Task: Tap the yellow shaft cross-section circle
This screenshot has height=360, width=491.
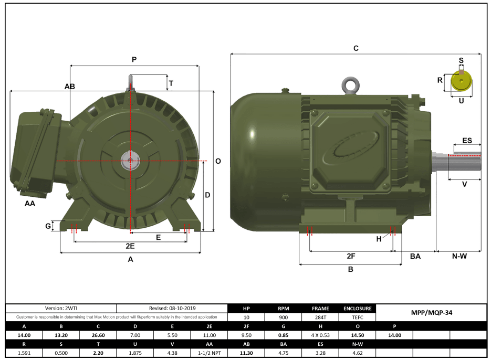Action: [x=461, y=82]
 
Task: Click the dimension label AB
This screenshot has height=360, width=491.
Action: [x=69, y=86]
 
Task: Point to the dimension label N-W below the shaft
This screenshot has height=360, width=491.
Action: [x=459, y=256]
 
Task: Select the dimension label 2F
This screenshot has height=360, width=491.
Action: [x=351, y=256]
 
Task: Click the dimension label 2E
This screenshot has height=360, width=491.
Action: [x=130, y=246]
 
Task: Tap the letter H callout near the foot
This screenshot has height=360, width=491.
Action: [x=379, y=239]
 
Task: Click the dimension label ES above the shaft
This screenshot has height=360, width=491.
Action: [x=466, y=141]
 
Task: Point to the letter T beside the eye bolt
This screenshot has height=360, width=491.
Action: [x=171, y=83]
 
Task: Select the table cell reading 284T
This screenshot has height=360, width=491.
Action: [x=320, y=317]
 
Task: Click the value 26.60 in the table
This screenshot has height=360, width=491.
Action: [x=98, y=335]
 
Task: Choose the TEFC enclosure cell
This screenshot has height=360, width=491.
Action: [x=358, y=317]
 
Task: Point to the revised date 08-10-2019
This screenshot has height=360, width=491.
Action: [x=172, y=309]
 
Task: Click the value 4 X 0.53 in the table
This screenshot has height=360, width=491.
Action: [x=320, y=335]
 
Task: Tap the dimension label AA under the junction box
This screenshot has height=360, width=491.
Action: [x=30, y=203]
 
